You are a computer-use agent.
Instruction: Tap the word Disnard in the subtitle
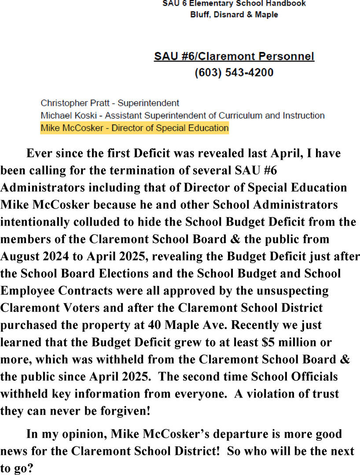click(x=226, y=15)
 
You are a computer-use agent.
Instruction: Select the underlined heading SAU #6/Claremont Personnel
click(x=234, y=56)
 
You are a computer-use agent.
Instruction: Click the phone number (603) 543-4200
click(x=234, y=72)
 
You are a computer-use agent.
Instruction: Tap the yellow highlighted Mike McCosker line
click(x=134, y=128)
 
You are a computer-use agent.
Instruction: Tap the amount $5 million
click(x=290, y=342)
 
